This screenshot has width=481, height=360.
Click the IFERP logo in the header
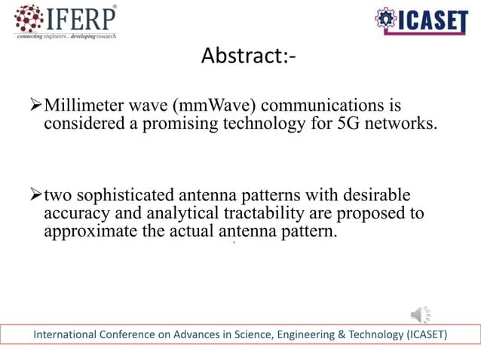[x=66, y=21]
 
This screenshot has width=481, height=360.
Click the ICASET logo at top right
[x=421, y=22]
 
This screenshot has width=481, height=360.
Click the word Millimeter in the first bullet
[x=81, y=104]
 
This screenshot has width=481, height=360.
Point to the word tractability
[x=248, y=213]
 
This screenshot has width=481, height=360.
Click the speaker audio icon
[x=421, y=313]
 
